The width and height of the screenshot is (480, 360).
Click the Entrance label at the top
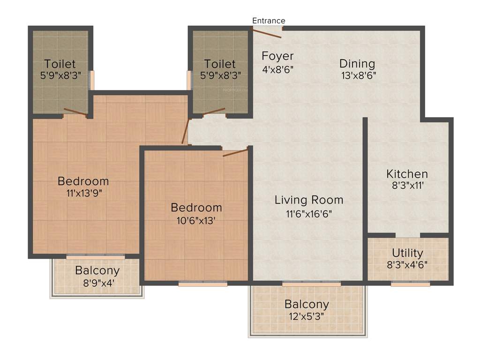pos(269,21)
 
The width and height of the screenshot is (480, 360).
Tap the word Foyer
pos(277,56)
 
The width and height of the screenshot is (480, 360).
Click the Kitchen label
pos(407,174)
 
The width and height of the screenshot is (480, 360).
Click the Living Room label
pos(309,200)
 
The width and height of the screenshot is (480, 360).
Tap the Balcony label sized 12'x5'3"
pos(307,304)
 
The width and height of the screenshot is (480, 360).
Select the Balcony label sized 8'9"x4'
pos(97,270)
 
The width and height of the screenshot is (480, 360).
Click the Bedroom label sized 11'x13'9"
pos(83,181)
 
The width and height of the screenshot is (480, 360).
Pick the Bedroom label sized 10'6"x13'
pos(196,207)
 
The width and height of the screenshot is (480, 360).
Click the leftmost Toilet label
pos(60,64)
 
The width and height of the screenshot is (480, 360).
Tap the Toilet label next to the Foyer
pos(220,64)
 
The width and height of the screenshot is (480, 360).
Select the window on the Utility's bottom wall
pos(410,284)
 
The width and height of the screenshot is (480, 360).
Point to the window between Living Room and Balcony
pos(311,284)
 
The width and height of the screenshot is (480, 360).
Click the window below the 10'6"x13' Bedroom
pos(202,284)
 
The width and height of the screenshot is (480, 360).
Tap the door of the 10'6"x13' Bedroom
pos(235,152)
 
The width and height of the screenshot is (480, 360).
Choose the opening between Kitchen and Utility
pos(407,235)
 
